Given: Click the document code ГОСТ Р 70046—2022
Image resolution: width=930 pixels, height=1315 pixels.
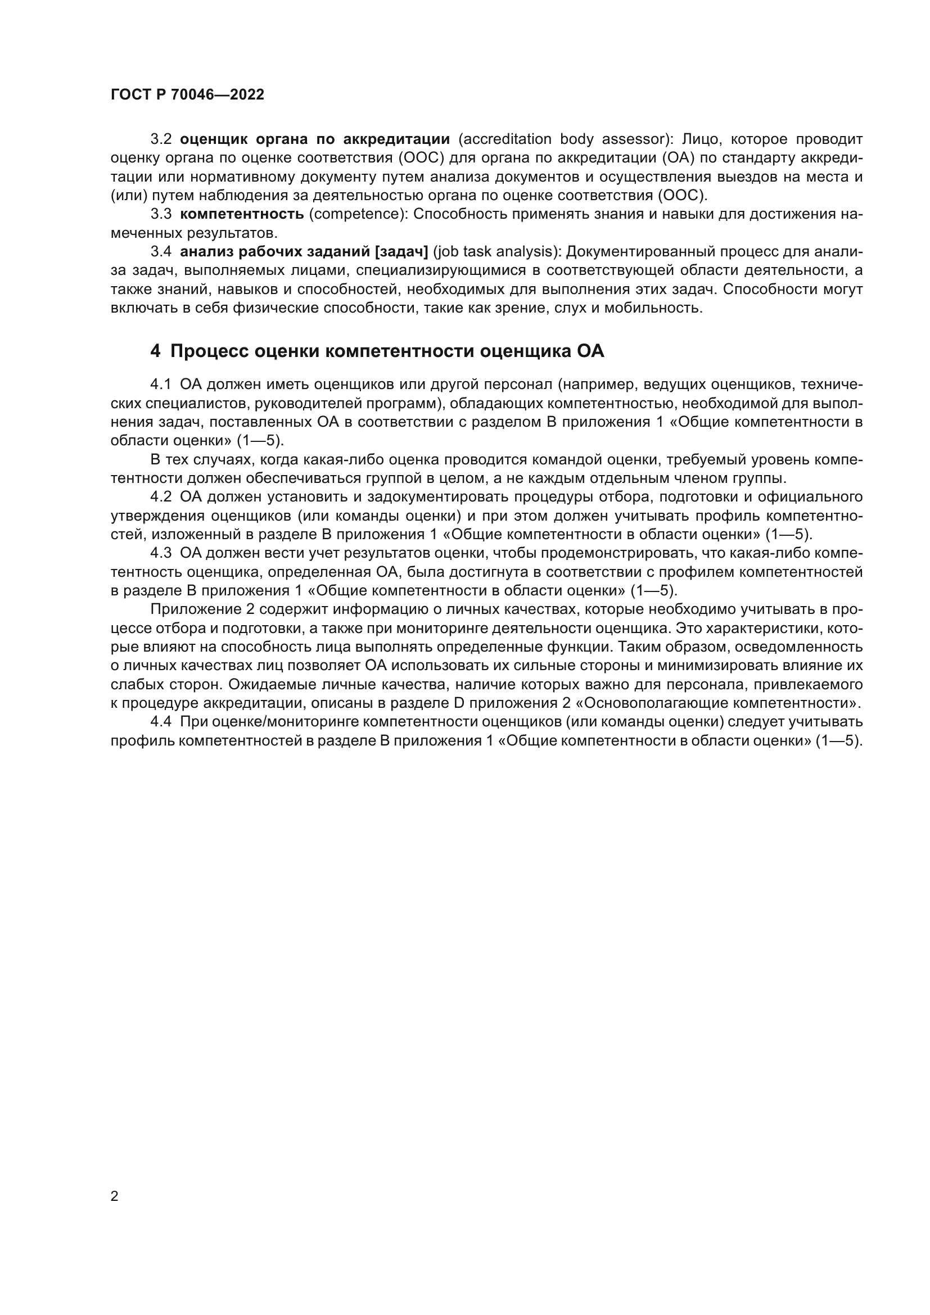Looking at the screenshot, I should coord(187,95).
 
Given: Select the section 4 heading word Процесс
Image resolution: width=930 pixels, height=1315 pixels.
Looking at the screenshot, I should coord(209,351).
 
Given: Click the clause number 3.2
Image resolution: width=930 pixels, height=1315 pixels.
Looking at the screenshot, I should coord(161,139).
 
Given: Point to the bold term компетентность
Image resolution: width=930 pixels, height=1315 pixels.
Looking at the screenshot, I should coord(242,214).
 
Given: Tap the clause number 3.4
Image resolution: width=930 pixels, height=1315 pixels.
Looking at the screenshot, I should coord(161,252).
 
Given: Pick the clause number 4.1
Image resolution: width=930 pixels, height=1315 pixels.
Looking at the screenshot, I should coord(161,384).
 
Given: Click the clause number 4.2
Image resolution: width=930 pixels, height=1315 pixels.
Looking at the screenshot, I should coord(161,496).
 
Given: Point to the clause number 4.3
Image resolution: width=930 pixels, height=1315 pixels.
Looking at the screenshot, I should coord(161,553).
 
